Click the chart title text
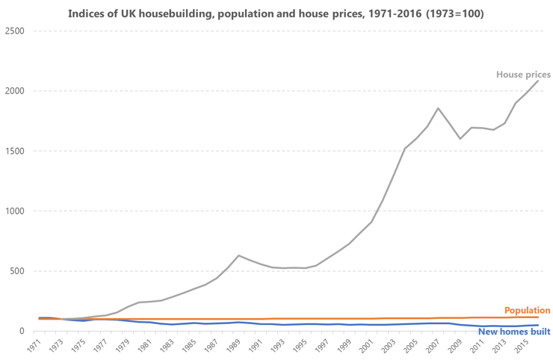(x=276, y=13)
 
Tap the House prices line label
(x=523, y=75)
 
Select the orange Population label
(x=528, y=310)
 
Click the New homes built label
(x=514, y=332)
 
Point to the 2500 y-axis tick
(x=14, y=31)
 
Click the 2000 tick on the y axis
(x=14, y=91)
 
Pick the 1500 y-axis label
(x=14, y=151)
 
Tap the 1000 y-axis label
(x=14, y=211)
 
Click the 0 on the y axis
(x=22, y=331)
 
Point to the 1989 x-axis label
(x=237, y=347)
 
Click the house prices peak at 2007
(x=439, y=108)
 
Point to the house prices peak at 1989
(x=239, y=255)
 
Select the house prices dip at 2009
(x=460, y=139)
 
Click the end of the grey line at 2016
(x=538, y=81)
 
